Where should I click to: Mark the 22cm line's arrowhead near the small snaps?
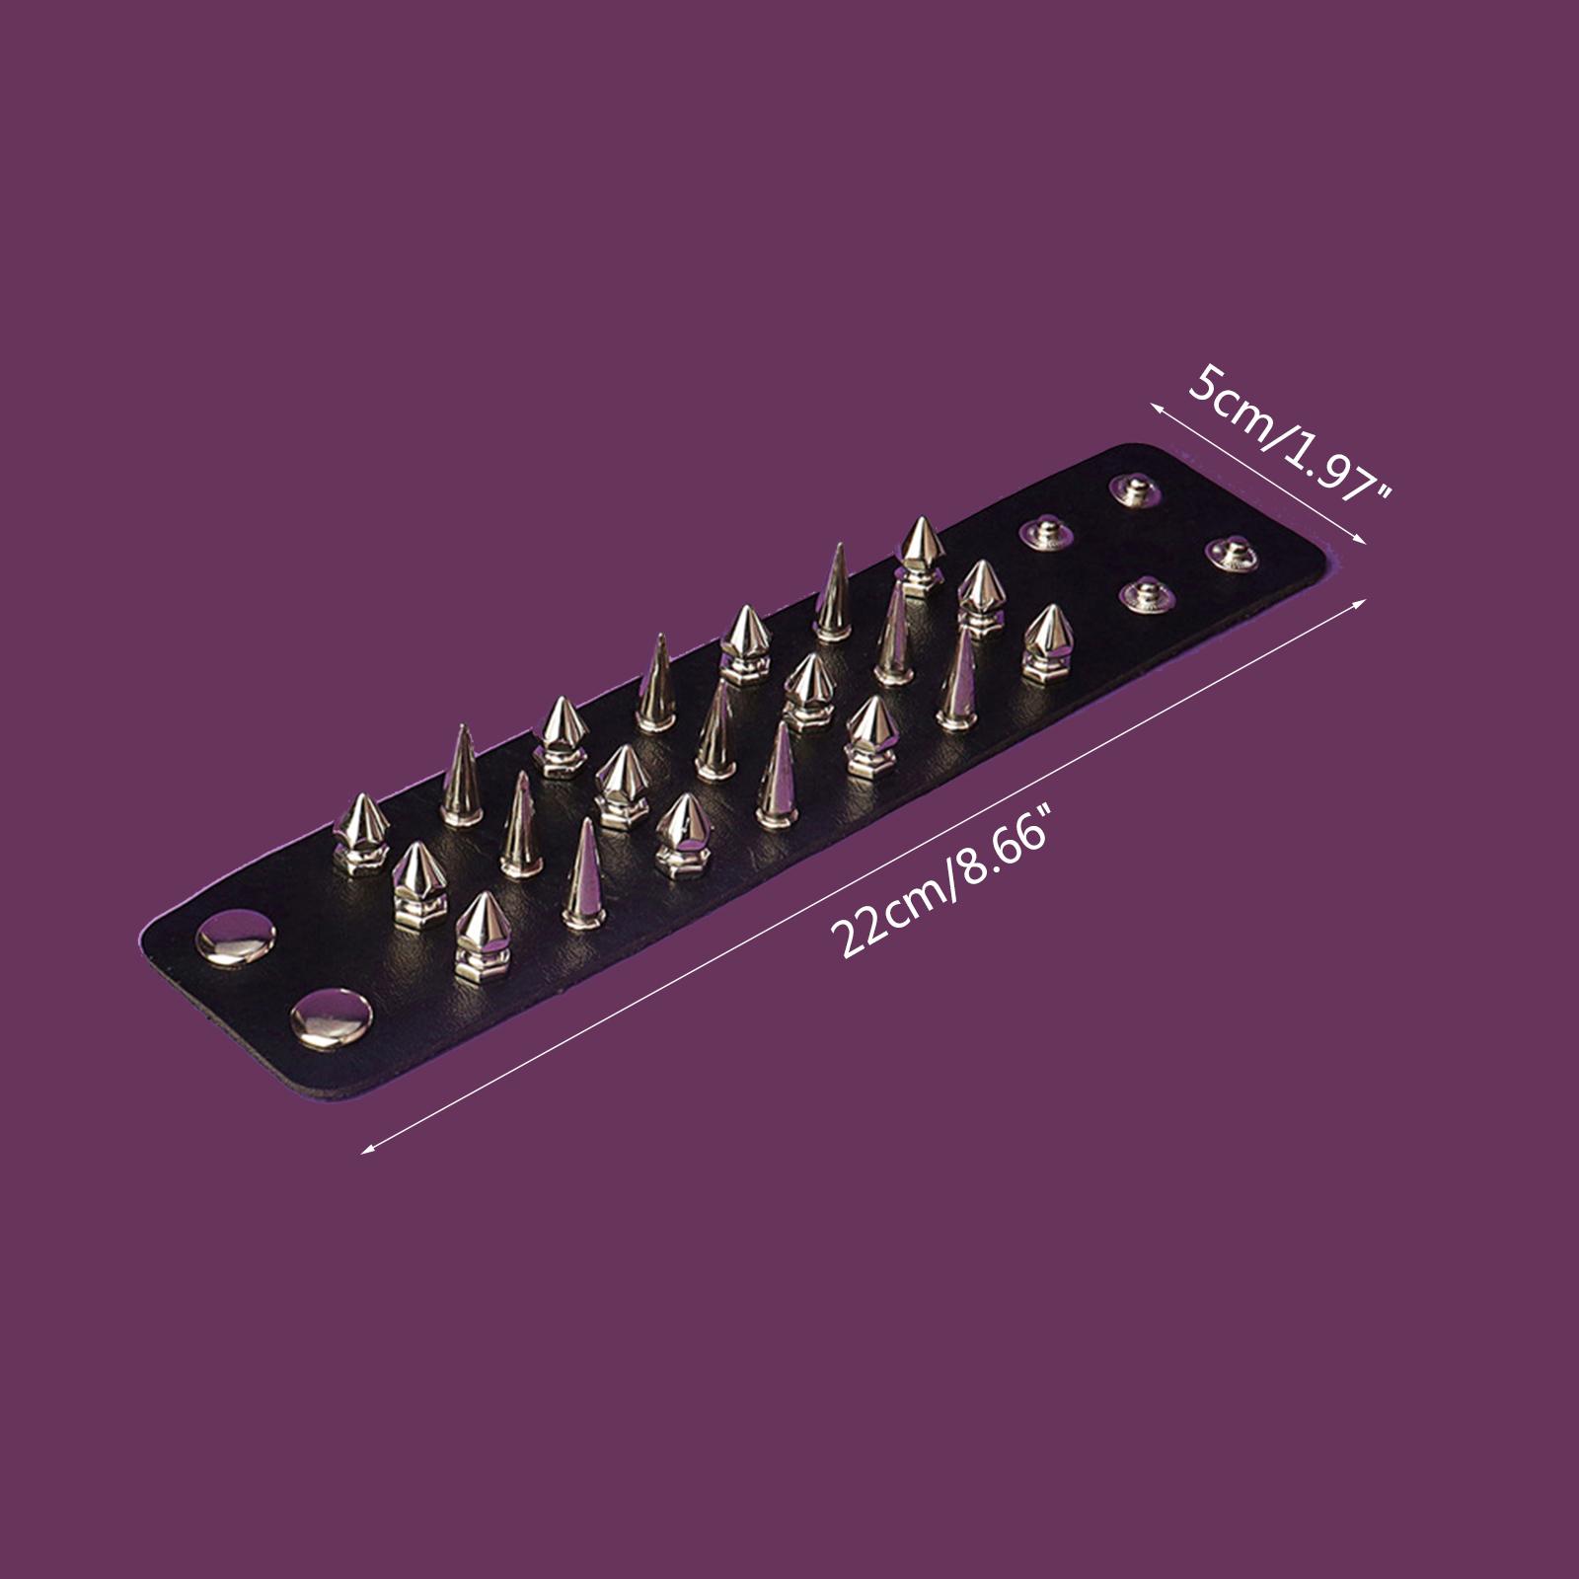click(1361, 603)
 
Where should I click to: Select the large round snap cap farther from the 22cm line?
click(238, 939)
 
